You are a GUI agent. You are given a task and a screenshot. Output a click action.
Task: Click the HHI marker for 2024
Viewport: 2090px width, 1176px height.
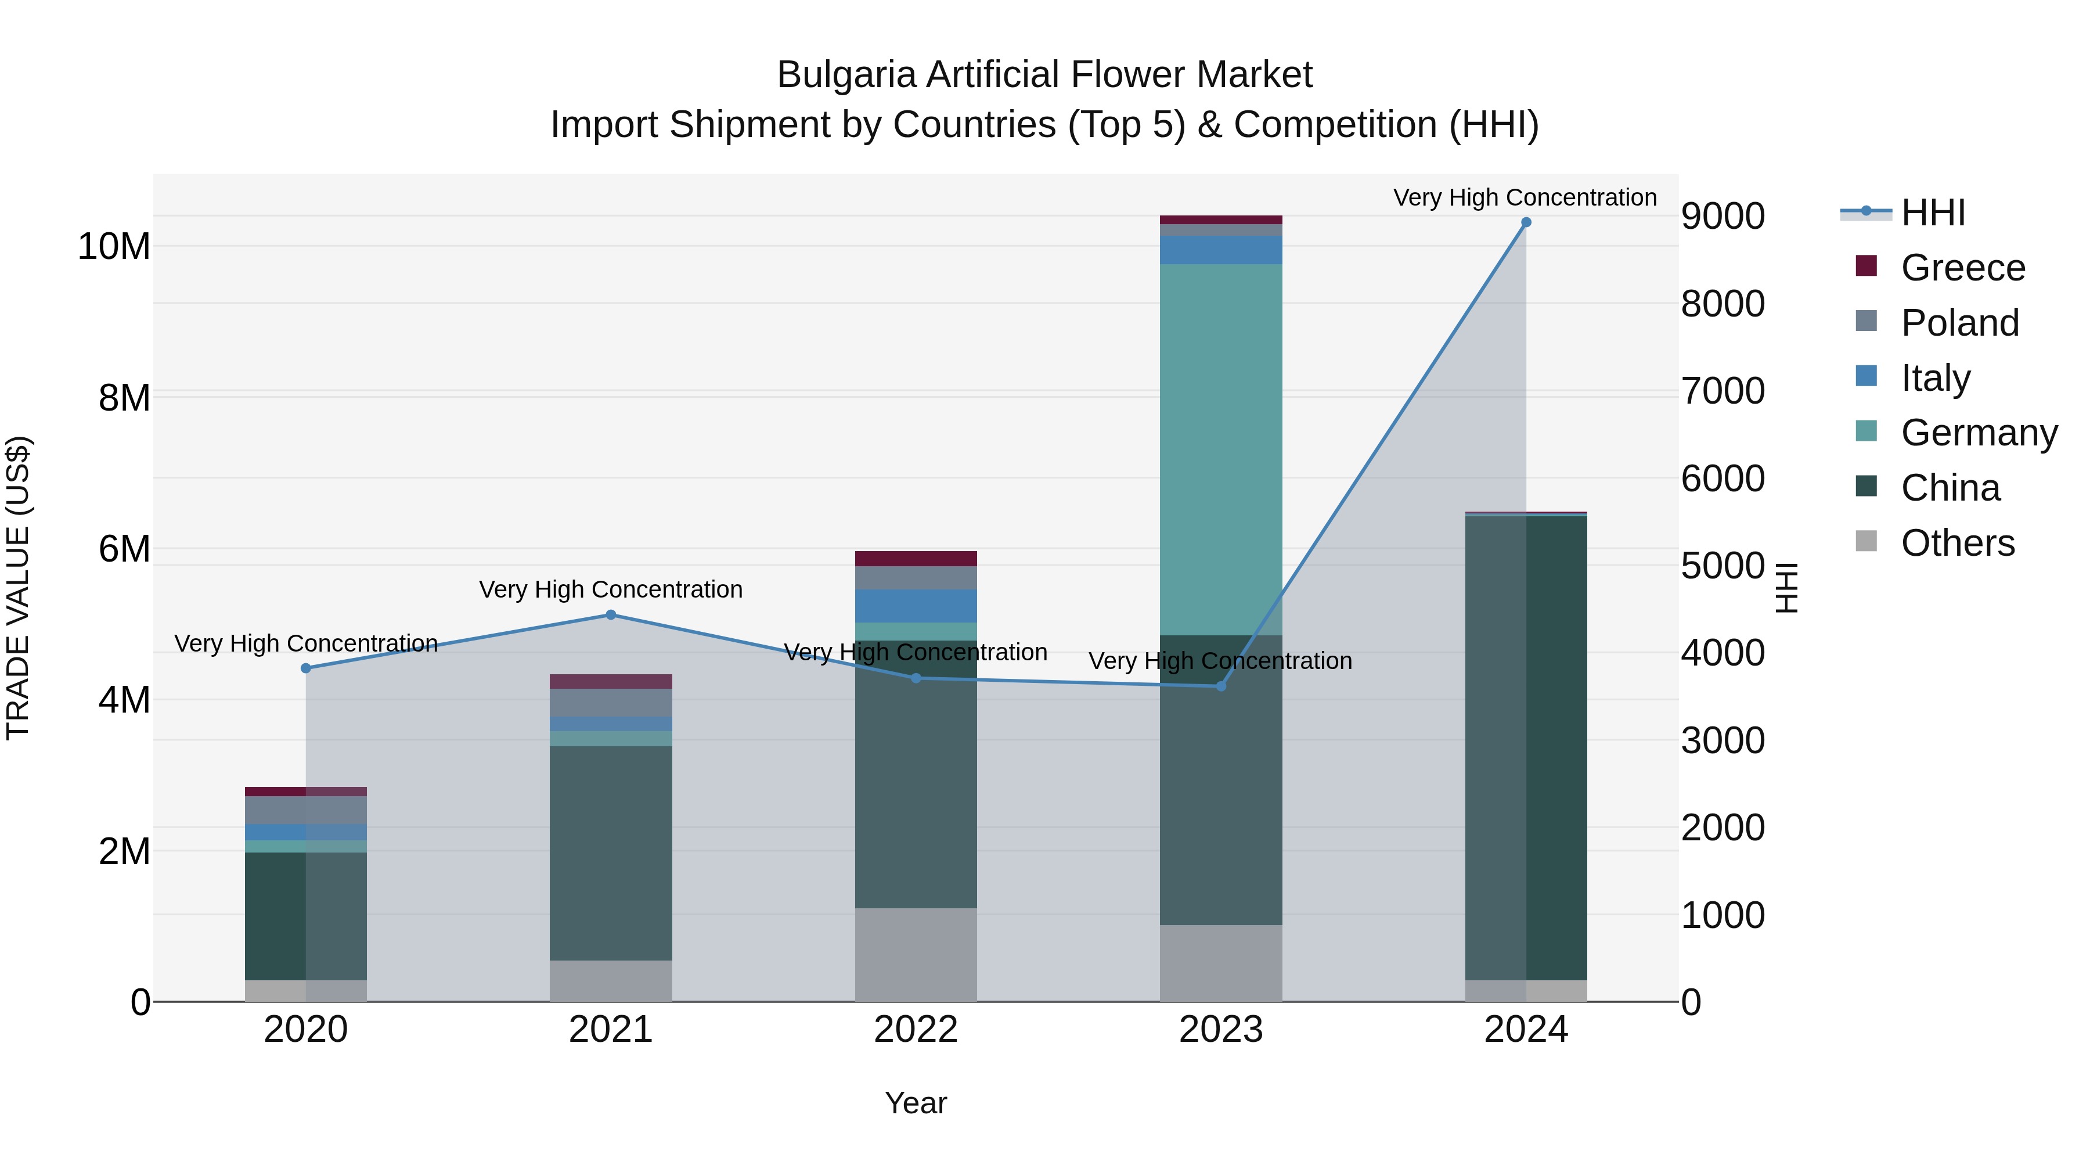click(1525, 222)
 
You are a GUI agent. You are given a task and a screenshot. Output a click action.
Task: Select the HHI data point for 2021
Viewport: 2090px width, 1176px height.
click(611, 615)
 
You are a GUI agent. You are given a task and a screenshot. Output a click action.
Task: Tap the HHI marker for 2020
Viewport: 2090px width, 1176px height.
click(306, 668)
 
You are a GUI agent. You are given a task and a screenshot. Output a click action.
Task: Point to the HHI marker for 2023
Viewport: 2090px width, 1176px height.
click(1220, 686)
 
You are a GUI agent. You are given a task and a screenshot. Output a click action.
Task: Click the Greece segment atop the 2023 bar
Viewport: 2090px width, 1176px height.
click(1220, 220)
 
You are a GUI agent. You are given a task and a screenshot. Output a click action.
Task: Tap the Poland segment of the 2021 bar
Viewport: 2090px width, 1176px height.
click(611, 703)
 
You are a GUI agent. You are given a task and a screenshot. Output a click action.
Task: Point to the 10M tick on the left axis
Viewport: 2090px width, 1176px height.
click(114, 246)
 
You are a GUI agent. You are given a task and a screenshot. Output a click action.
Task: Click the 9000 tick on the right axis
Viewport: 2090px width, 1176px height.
click(1722, 217)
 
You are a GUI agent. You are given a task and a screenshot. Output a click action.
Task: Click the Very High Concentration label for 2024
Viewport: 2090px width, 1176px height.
click(1525, 197)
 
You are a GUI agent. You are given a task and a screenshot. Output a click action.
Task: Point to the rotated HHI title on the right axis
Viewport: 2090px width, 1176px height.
click(1788, 588)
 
